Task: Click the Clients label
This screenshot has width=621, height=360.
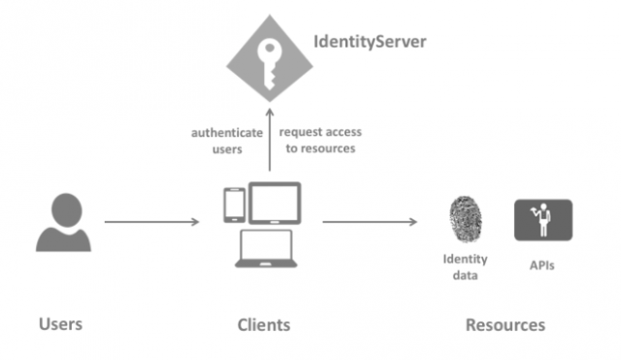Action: (263, 324)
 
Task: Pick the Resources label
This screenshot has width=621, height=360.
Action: (505, 324)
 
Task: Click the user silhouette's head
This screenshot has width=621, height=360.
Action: (64, 209)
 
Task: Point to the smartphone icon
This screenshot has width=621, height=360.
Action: (234, 204)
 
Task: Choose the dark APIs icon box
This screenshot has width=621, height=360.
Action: (542, 220)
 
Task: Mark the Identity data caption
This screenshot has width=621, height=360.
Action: (465, 267)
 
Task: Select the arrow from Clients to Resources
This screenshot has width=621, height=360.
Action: (370, 222)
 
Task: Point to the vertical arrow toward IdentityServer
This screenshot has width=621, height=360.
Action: (270, 146)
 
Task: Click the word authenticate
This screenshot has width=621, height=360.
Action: (225, 132)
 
